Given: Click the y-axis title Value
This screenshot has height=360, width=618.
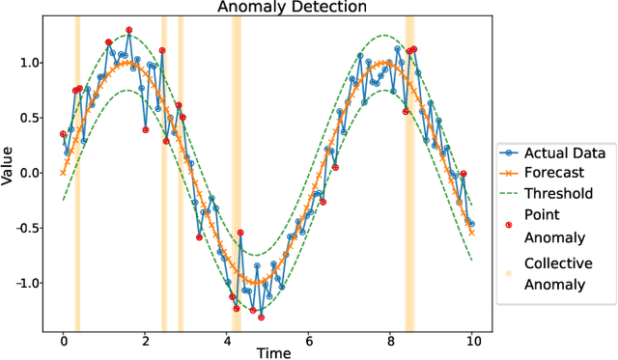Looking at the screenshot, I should click(x=9, y=166).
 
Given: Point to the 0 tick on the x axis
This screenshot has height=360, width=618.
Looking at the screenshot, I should click(x=64, y=339).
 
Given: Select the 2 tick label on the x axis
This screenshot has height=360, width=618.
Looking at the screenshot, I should click(x=145, y=339).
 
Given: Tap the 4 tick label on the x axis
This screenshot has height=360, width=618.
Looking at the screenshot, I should click(x=227, y=339).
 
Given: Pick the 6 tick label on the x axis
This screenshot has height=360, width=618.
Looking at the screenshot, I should click(x=308, y=339).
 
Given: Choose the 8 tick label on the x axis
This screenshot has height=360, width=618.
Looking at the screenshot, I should click(x=390, y=339).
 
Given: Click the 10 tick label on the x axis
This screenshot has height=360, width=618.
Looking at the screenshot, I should click(x=471, y=339).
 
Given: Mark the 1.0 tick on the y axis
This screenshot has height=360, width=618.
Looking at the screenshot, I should click(x=31, y=63).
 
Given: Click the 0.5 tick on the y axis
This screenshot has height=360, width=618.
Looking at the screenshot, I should click(x=31, y=118).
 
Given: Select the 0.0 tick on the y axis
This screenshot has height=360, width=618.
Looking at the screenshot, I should click(x=31, y=173).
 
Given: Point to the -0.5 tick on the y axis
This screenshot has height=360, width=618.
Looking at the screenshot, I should click(x=27, y=228).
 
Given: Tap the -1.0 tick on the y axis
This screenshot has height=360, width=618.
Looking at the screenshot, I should click(x=27, y=283).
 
